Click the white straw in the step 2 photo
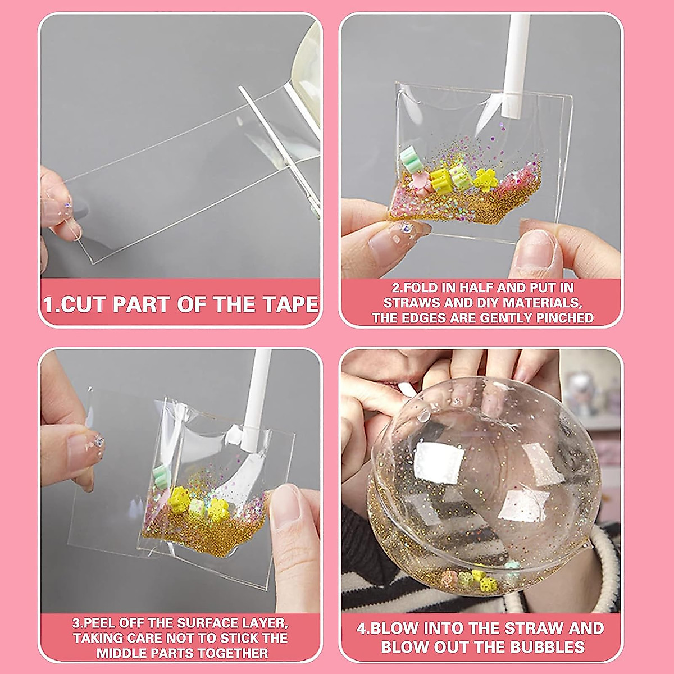click(x=515, y=62)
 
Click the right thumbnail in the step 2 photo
click(x=536, y=253)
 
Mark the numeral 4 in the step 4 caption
click(x=362, y=628)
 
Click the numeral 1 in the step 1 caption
click(x=49, y=304)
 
